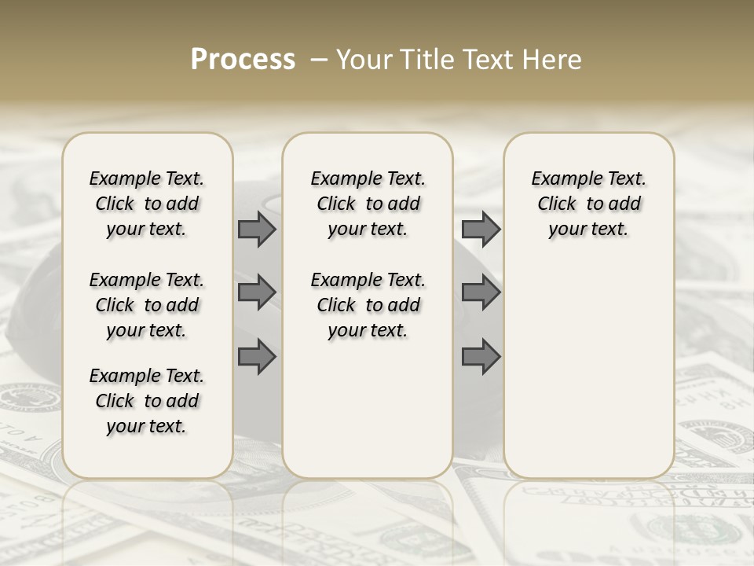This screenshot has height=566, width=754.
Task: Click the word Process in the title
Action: [x=243, y=59]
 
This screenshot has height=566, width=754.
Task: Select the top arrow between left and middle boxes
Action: [x=257, y=229]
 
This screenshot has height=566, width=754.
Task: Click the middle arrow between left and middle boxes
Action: [x=257, y=292]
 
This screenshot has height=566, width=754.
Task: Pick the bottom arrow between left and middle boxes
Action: [x=257, y=357]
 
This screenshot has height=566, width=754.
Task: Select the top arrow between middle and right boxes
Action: [x=481, y=229]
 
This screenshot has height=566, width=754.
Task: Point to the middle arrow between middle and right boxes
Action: [x=481, y=292]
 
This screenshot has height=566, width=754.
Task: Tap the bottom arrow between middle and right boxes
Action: [x=481, y=357]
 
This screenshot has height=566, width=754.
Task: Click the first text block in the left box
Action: [x=147, y=204]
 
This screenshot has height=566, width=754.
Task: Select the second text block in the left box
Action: [x=147, y=305]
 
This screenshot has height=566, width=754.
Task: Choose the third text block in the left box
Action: [x=147, y=401]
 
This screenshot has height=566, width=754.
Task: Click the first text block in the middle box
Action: [x=368, y=204]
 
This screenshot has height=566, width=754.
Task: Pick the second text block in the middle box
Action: [x=368, y=305]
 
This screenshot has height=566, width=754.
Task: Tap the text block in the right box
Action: [x=589, y=204]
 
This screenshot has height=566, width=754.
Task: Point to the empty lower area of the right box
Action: [x=589, y=369]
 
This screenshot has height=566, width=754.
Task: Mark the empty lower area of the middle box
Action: [x=368, y=409]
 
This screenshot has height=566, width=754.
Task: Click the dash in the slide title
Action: [x=319, y=59]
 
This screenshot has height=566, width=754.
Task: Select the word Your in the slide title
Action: [x=364, y=59]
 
